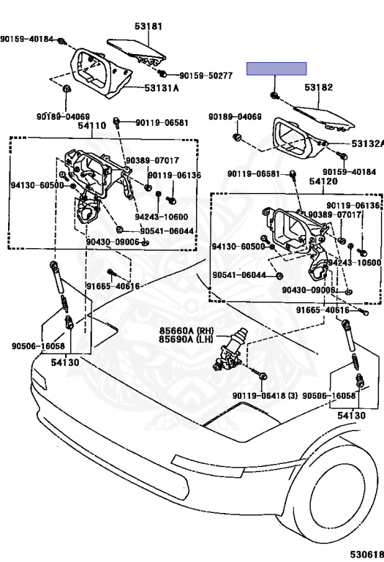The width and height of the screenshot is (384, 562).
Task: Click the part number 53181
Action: coord(148,26)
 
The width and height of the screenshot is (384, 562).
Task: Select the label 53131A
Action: coord(162,88)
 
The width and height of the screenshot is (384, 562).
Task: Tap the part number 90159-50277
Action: coord(206,75)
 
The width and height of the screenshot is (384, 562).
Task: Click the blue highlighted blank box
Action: coord(276,69)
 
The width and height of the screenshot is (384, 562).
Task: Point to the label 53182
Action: coord(318,87)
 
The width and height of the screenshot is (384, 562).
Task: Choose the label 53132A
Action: coord(367,143)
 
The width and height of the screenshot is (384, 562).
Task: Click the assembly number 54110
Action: coord(92,125)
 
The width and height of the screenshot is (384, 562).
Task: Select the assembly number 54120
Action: coord(323,181)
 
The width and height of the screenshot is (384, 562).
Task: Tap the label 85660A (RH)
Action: coord(187,331)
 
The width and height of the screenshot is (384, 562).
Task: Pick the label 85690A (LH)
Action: coord(187,339)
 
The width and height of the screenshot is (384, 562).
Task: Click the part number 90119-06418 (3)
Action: coord(265,396)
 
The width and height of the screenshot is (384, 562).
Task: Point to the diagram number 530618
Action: coord(367,555)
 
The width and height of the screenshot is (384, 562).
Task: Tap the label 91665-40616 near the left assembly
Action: coord(113,285)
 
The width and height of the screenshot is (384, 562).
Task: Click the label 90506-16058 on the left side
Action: coord(38,346)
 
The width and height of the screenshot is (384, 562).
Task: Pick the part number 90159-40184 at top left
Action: coord(26,39)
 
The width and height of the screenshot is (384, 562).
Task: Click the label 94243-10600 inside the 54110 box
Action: coord(161,217)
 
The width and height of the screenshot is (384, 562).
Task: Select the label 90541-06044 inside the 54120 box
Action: coord(239,275)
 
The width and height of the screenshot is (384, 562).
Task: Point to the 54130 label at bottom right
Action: coord(352,416)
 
